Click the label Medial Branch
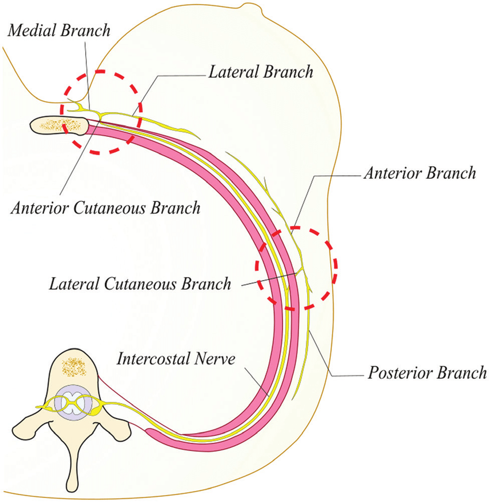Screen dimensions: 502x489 58,30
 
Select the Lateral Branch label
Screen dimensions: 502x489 259,72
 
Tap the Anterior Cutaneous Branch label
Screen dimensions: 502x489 105,208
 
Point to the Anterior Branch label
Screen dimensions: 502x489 420,174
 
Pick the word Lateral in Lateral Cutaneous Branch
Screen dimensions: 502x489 72,283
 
